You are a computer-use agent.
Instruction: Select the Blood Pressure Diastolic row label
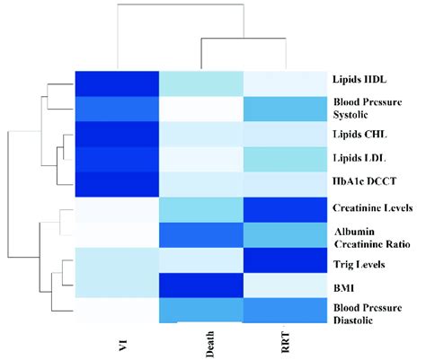click(x=372, y=314)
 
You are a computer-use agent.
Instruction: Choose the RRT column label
click(x=285, y=344)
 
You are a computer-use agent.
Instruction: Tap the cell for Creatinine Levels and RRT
click(x=285, y=210)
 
